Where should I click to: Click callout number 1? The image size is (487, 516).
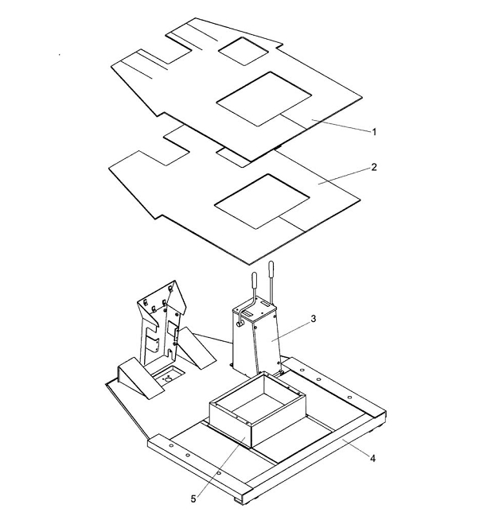click(x=374, y=132)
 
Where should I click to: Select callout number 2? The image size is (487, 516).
click(x=374, y=167)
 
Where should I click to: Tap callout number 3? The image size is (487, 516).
click(x=314, y=319)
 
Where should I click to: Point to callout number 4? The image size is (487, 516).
click(x=372, y=458)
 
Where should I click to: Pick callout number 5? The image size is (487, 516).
click(x=193, y=499)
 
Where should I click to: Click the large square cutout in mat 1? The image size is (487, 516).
click(x=263, y=99)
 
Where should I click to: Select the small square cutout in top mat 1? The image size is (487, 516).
click(x=243, y=51)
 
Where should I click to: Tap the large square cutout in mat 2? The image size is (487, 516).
click(x=262, y=201)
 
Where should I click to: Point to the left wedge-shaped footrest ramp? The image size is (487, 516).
click(x=140, y=378)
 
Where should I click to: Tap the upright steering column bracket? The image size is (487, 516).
click(x=162, y=323)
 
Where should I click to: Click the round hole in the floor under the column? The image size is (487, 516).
click(x=168, y=379)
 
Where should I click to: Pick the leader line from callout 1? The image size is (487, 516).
click(x=341, y=126)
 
